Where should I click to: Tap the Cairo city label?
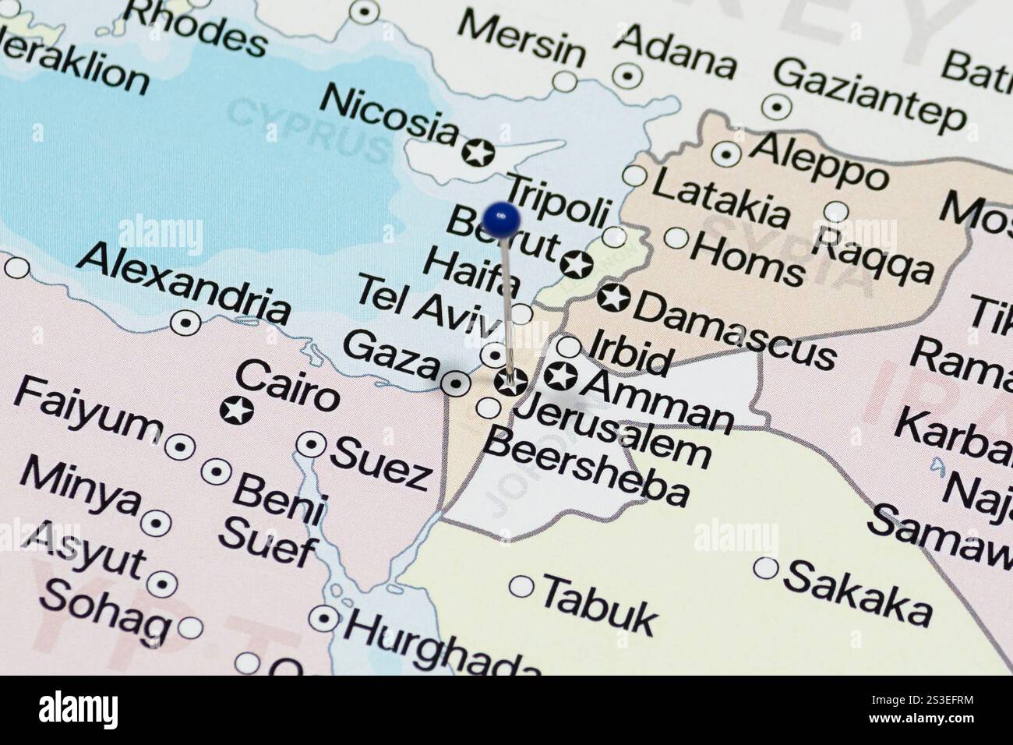(287, 386)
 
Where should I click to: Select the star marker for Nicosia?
(477, 152)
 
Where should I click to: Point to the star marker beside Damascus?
(613, 298)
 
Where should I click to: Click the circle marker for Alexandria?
(185, 322)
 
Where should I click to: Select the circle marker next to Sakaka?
(766, 568)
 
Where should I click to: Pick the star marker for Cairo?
(236, 409)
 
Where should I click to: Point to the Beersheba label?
(587, 467)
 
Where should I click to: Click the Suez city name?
(381, 463)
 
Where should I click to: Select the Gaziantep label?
(869, 94)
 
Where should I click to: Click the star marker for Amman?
(560, 376)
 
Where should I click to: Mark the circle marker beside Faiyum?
(180, 447)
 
